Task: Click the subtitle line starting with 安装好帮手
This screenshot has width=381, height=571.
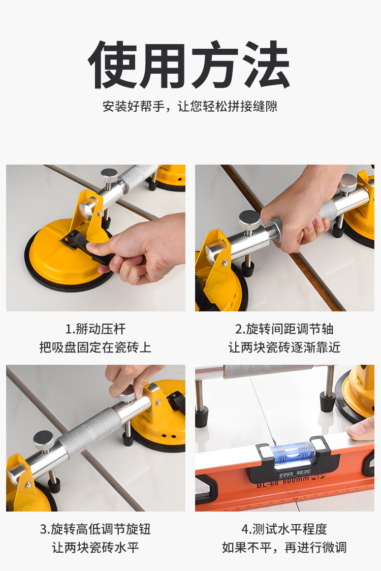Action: click(x=190, y=106)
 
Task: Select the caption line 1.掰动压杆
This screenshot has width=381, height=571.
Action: click(x=96, y=329)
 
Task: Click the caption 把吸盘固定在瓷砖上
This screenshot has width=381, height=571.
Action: click(x=96, y=347)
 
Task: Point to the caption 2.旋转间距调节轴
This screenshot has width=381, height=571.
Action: click(x=284, y=329)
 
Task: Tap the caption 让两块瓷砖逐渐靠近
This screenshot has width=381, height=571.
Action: click(x=284, y=347)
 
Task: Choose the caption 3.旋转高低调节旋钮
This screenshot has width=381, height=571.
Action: click(x=96, y=529)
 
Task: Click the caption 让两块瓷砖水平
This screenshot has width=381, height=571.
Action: click(x=96, y=547)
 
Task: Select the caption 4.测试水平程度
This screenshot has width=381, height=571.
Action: click(x=284, y=529)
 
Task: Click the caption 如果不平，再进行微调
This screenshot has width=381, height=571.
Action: click(x=284, y=547)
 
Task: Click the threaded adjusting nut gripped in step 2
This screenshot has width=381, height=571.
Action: click(x=275, y=228)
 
